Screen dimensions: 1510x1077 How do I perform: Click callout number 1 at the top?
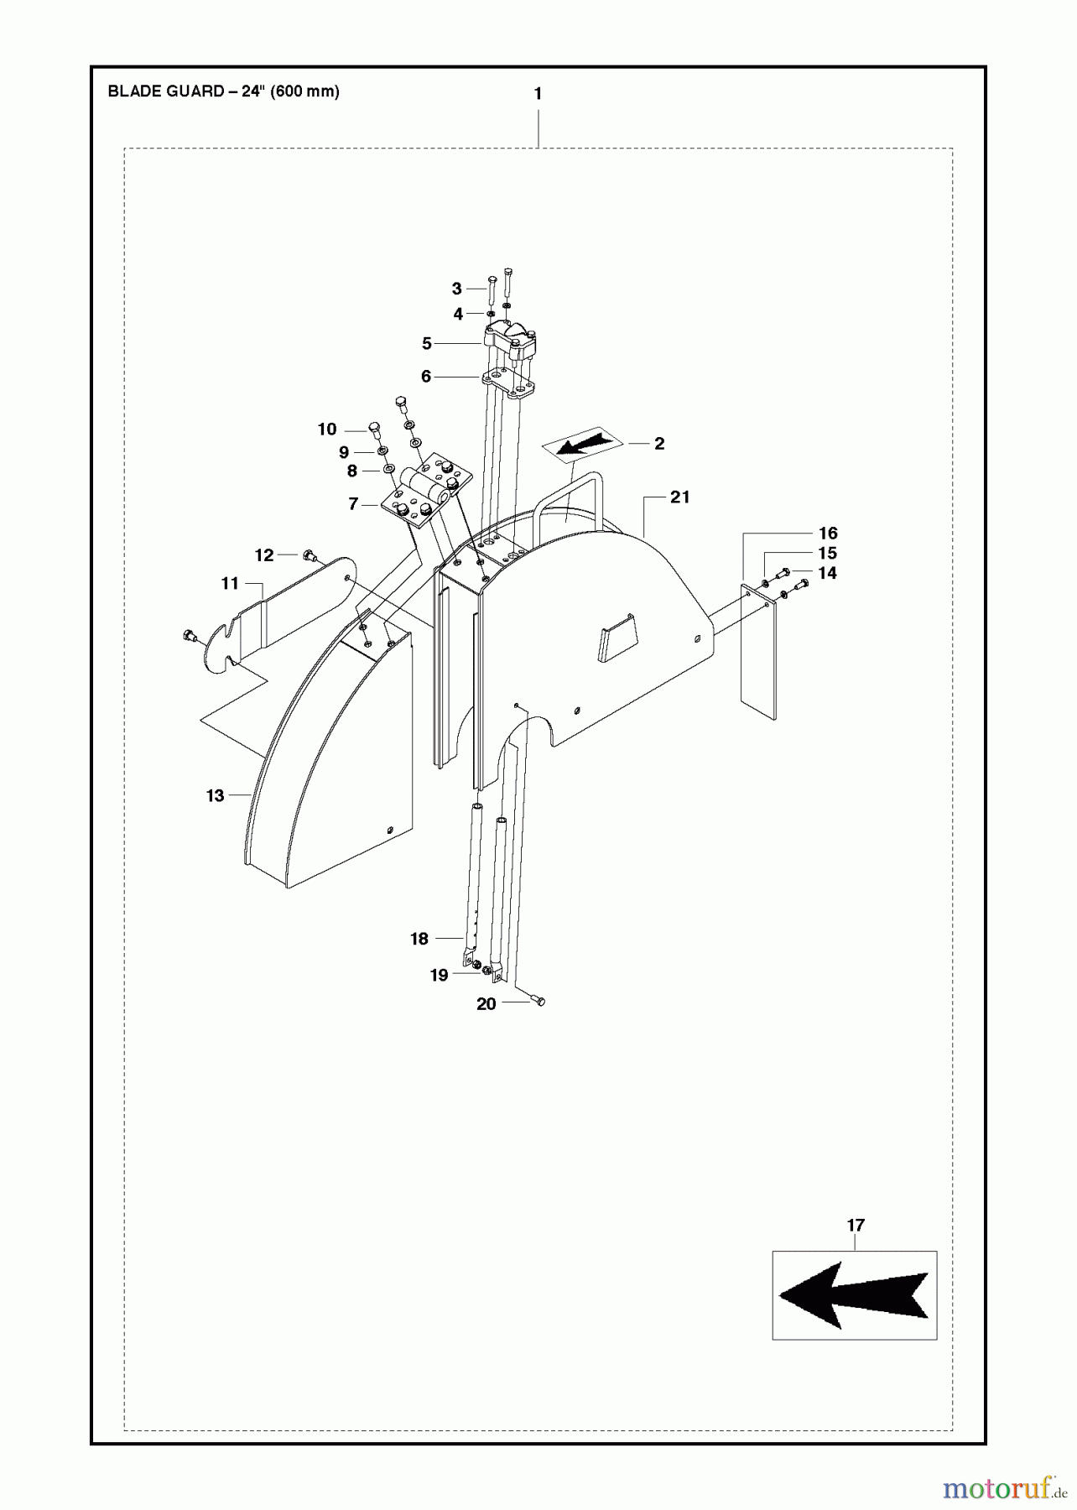click(x=538, y=94)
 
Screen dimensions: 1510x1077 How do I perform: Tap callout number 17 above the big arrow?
click(x=855, y=1226)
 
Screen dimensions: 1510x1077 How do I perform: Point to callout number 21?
click(x=679, y=497)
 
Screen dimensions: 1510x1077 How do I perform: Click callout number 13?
click(x=216, y=795)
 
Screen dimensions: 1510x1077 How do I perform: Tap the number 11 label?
click(x=230, y=583)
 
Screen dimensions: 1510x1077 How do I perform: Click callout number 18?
click(x=419, y=939)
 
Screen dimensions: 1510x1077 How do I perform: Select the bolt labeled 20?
click(x=538, y=1001)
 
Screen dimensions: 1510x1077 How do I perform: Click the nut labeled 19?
click(x=476, y=969)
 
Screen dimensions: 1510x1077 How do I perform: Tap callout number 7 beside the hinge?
click(x=353, y=504)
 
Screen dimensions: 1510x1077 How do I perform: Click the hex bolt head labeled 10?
click(x=375, y=430)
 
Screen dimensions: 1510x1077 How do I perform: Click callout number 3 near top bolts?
click(x=456, y=289)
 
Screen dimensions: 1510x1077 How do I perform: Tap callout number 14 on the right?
click(x=827, y=573)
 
